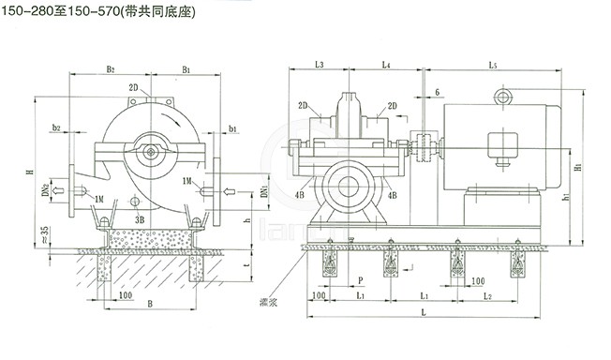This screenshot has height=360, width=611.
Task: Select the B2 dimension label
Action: (110, 69)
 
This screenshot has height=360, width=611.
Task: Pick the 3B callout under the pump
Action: (140, 219)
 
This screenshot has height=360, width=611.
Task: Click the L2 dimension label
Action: (487, 295)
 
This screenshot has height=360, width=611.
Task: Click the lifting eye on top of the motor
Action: (506, 95)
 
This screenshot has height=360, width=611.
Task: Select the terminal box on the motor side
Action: (502, 145)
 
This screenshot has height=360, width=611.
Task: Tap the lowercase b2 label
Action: (57, 127)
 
